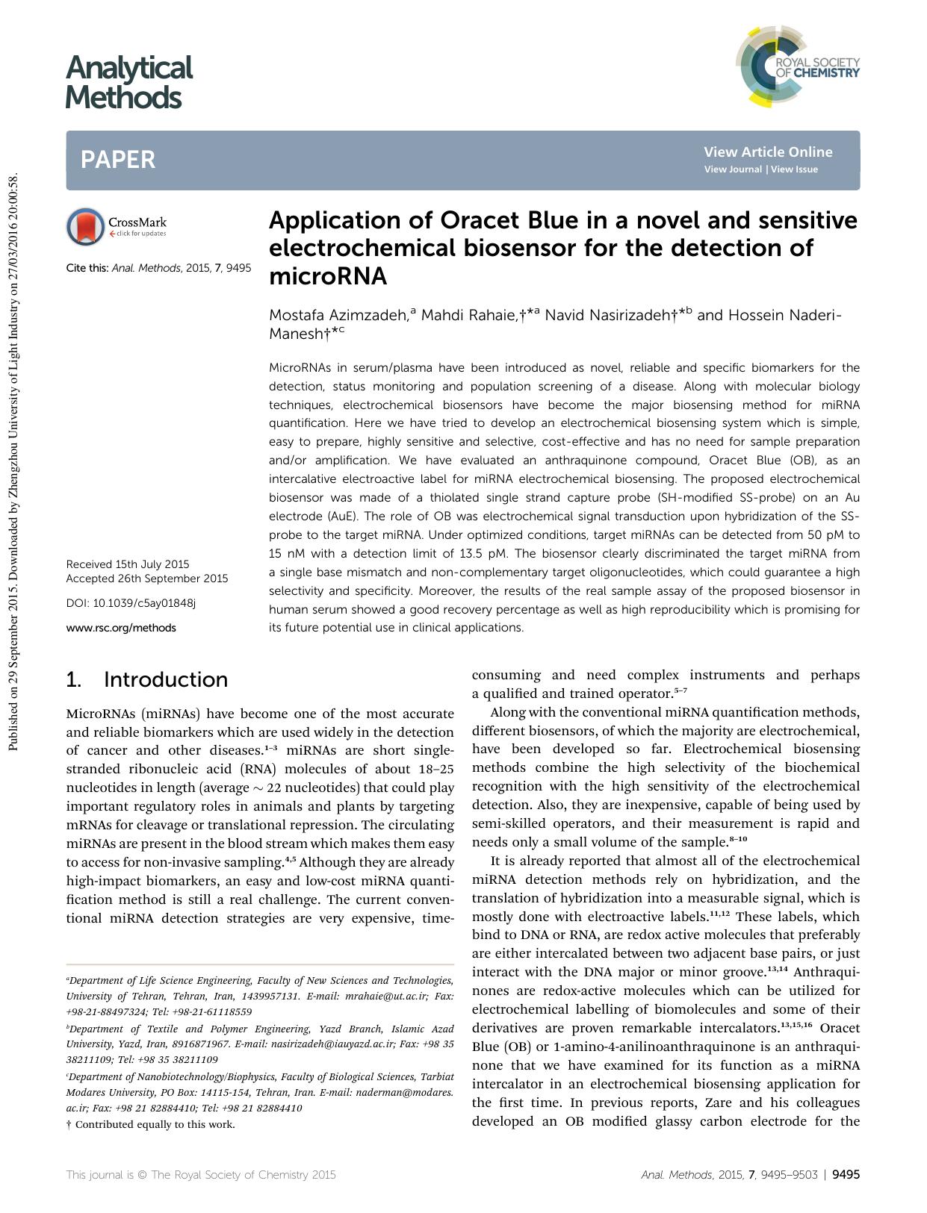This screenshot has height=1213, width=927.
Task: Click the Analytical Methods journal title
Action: tap(128, 82)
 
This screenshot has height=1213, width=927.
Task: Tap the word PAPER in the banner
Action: tap(118, 160)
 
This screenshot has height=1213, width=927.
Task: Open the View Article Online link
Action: tap(767, 152)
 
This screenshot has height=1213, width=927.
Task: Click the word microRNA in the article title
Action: tap(328, 277)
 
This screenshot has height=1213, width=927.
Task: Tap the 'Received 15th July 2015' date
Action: tap(128, 564)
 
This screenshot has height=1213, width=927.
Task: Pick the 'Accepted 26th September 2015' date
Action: tap(147, 579)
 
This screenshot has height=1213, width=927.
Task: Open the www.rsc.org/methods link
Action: tap(121, 628)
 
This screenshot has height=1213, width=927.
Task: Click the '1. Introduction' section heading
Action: tap(147, 679)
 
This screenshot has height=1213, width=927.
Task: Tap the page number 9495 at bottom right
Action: tap(846, 1174)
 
